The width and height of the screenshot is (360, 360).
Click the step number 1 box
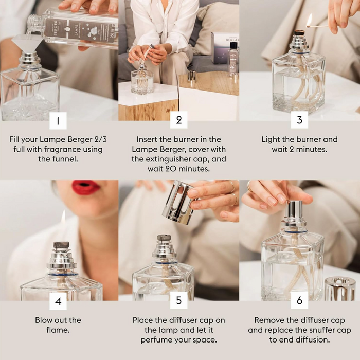[58, 121]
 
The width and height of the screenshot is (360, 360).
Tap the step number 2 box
[179, 120]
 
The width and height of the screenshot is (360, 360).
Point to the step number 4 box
[58, 301]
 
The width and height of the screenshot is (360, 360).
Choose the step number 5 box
[179, 301]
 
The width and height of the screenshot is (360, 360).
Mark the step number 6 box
[299, 301]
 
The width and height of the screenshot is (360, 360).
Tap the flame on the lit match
[309, 20]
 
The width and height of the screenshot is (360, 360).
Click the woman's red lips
[85, 188]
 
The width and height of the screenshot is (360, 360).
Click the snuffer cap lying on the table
[340, 289]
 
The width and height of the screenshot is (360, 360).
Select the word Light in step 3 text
[272, 139]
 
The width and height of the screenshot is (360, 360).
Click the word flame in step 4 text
[58, 330]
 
